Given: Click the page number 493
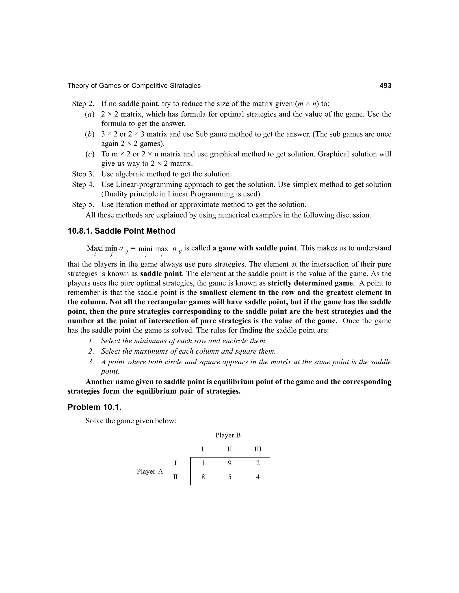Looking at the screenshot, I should click(385, 86).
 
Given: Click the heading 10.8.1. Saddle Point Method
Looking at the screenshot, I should click(121, 231).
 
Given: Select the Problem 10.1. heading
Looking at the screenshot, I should click(94, 407).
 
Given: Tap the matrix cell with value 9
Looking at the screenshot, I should click(230, 463).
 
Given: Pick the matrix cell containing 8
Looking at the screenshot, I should click(203, 477).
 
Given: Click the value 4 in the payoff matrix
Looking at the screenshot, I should click(258, 477).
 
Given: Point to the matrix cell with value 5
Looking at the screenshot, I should click(230, 477).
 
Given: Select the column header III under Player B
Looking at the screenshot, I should click(258, 449).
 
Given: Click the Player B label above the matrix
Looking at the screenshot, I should click(228, 435).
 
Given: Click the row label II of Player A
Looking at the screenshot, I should click(175, 477).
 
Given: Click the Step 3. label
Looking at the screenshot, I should click(83, 174).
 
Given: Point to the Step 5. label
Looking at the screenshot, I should click(83, 205).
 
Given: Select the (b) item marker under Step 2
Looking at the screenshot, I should click(89, 134).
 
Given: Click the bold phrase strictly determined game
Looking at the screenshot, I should click(310, 283).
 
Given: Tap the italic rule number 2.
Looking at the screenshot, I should click(91, 351).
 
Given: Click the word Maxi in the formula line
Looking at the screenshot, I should click(95, 248).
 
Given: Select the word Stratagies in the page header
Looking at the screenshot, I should click(185, 86).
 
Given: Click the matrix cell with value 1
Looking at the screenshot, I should click(203, 463).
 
